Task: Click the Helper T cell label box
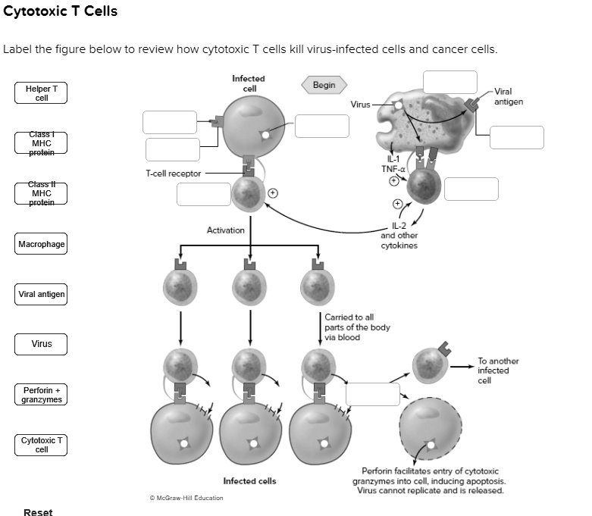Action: pos(42,93)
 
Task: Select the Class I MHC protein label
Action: pos(42,142)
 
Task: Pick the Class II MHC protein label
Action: pos(42,193)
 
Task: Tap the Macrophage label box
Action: pos(42,244)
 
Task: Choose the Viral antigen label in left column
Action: pos(42,294)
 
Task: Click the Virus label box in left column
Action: pos(42,344)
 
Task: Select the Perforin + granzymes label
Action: pos(42,394)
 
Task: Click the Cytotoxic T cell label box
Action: pos(42,445)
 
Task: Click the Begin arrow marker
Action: pos(324,85)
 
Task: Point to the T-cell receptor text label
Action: pos(174,174)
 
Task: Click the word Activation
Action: pos(225,230)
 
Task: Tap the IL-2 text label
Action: pos(399,226)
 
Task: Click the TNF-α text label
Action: pos(392,168)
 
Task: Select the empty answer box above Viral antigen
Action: pos(450,82)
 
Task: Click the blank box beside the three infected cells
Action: pos(372,394)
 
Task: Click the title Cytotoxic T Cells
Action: pos(61,12)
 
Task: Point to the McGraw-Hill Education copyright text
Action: pos(186,498)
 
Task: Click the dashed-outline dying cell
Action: pos(429,429)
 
